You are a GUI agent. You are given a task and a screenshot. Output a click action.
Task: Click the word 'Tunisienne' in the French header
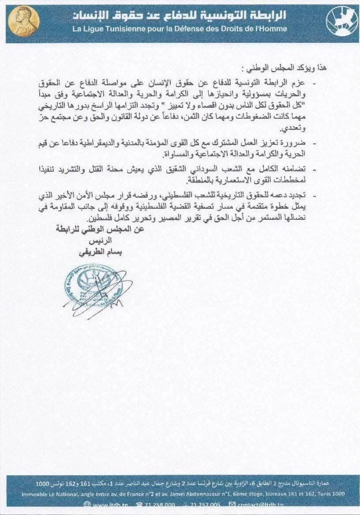click(118, 29)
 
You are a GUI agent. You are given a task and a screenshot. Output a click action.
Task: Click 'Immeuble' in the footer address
click(36, 494)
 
